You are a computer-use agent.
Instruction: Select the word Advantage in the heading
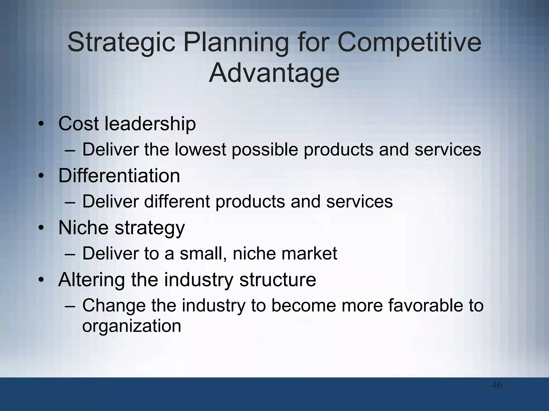click(274, 73)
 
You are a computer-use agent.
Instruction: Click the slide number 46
click(497, 385)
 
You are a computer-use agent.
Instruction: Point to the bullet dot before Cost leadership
click(41, 124)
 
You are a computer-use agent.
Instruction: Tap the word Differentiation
click(119, 176)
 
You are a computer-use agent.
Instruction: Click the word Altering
click(91, 280)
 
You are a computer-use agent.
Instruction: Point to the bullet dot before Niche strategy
click(41, 228)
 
